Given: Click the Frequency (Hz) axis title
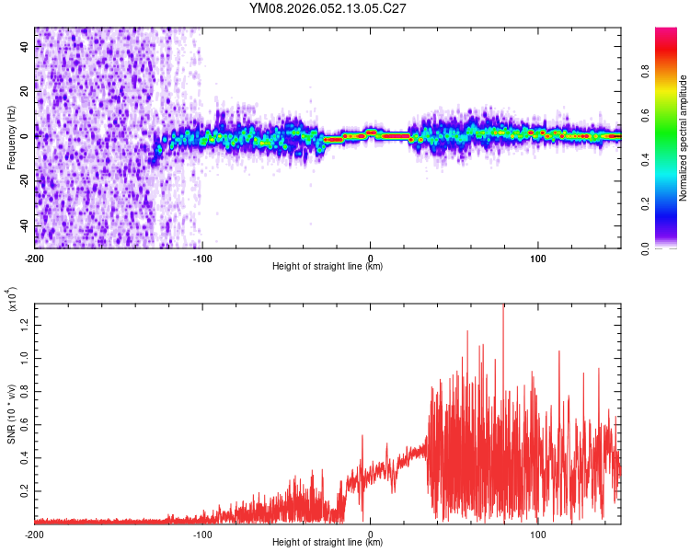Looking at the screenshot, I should [11, 137].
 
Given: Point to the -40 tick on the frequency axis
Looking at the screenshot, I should [24, 225].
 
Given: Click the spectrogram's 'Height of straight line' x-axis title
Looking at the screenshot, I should [328, 267].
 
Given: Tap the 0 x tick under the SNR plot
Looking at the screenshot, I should [371, 534].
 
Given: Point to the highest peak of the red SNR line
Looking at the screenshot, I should [503, 306].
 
